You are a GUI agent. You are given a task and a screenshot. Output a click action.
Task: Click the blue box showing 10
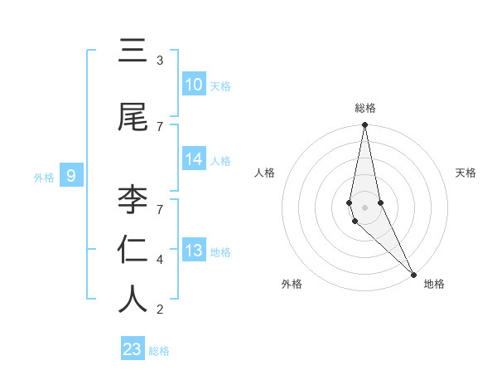tap(194, 85)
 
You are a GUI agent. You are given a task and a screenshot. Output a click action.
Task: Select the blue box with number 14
tap(194, 159)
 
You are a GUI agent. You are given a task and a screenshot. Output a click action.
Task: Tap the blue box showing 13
tap(194, 251)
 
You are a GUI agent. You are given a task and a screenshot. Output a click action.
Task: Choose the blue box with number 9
tap(71, 175)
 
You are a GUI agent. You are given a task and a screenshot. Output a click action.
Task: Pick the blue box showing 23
tap(133, 349)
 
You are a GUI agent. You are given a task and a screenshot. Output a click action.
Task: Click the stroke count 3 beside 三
tap(160, 61)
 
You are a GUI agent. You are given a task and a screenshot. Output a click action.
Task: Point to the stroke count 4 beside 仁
tap(160, 260)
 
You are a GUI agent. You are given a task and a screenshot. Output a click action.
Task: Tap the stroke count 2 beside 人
tap(160, 310)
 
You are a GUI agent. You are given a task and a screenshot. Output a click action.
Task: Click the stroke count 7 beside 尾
tap(160, 126)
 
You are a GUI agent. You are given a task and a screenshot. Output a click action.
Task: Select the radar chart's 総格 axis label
tap(365, 108)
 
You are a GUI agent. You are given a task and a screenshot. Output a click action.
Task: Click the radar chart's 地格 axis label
tap(434, 284)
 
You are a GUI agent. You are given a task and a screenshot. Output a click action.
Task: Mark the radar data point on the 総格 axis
tap(364, 125)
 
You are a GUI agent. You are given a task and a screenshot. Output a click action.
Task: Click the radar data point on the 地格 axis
tap(413, 274)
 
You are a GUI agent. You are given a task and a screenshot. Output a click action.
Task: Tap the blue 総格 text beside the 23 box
tap(159, 351)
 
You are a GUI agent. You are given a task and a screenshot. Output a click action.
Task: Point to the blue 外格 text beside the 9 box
tap(43, 177)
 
